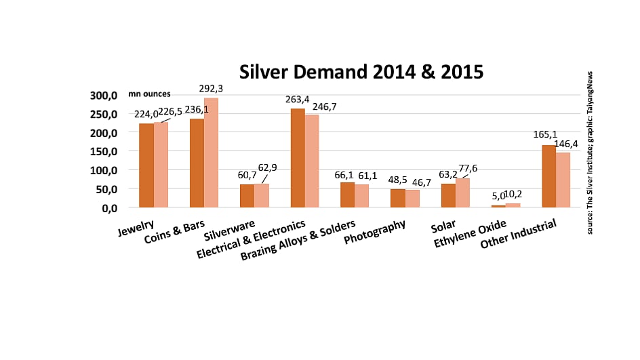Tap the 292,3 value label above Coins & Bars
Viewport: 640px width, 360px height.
[214, 89]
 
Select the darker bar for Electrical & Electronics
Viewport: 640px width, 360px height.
[298, 158]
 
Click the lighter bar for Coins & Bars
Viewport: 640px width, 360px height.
[212, 153]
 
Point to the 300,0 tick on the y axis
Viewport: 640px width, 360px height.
[105, 96]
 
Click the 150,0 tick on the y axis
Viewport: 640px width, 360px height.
[105, 151]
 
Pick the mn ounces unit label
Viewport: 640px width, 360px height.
[149, 94]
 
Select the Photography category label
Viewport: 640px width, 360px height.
[374, 232]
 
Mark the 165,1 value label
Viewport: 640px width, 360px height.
[545, 134]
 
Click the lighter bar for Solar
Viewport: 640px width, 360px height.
[462, 193]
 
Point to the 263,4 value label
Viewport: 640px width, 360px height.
[296, 100]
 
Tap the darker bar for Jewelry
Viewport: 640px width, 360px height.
[146, 165]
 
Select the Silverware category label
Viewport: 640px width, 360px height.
[229, 231]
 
